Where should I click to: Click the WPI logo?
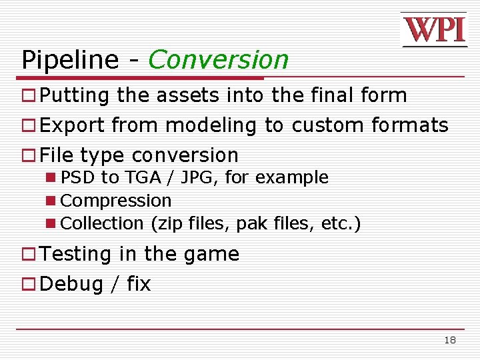pos(433,30)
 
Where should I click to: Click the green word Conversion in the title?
pos(219,60)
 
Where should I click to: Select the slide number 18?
pos(450,340)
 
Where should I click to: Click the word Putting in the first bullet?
pos(74,96)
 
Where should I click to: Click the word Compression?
pos(116,201)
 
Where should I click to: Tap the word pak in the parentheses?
pos(249,223)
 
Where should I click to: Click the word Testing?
pos(76,255)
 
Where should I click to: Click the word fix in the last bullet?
pos(139,284)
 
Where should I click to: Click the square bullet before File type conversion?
pos(29,156)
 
